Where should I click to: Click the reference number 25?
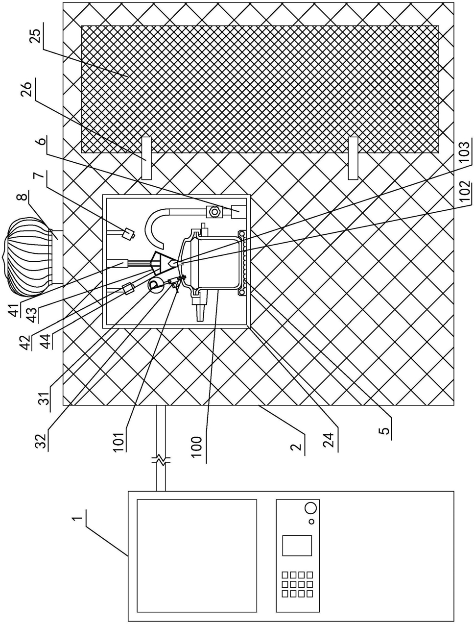click(x=36, y=33)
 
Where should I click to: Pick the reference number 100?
click(x=197, y=444)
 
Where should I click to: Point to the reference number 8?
click(x=24, y=197)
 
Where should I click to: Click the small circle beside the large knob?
click(x=311, y=522)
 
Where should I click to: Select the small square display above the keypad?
click(x=297, y=549)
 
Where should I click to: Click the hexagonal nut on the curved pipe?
click(x=213, y=211)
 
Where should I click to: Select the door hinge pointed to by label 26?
click(x=146, y=158)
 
